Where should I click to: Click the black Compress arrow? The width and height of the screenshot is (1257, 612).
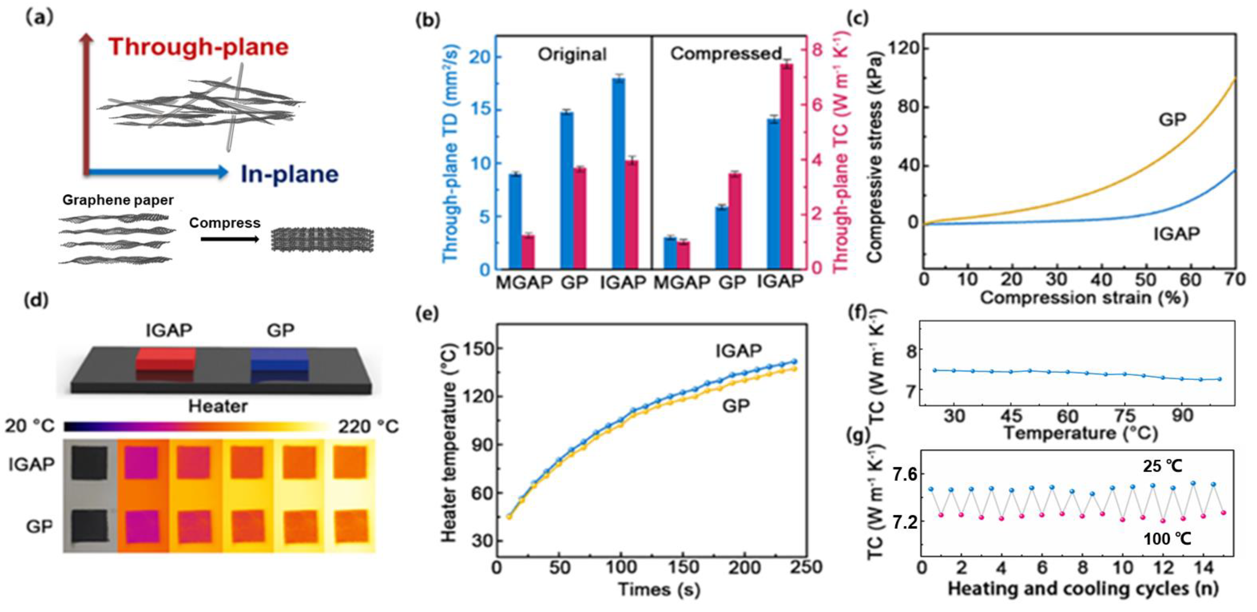[230, 239]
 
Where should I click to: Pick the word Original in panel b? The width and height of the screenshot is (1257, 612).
[572, 54]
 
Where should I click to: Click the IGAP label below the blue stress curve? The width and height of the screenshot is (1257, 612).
[1176, 234]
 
